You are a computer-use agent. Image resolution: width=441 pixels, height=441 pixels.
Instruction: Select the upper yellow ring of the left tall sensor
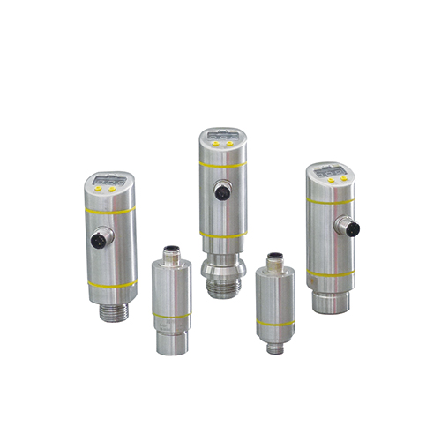click(110, 212)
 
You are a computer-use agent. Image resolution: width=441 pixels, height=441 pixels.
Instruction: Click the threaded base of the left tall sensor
click(112, 310)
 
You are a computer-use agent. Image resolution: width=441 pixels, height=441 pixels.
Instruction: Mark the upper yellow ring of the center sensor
click(221, 164)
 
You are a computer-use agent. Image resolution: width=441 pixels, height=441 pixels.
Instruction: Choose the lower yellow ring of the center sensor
click(221, 235)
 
